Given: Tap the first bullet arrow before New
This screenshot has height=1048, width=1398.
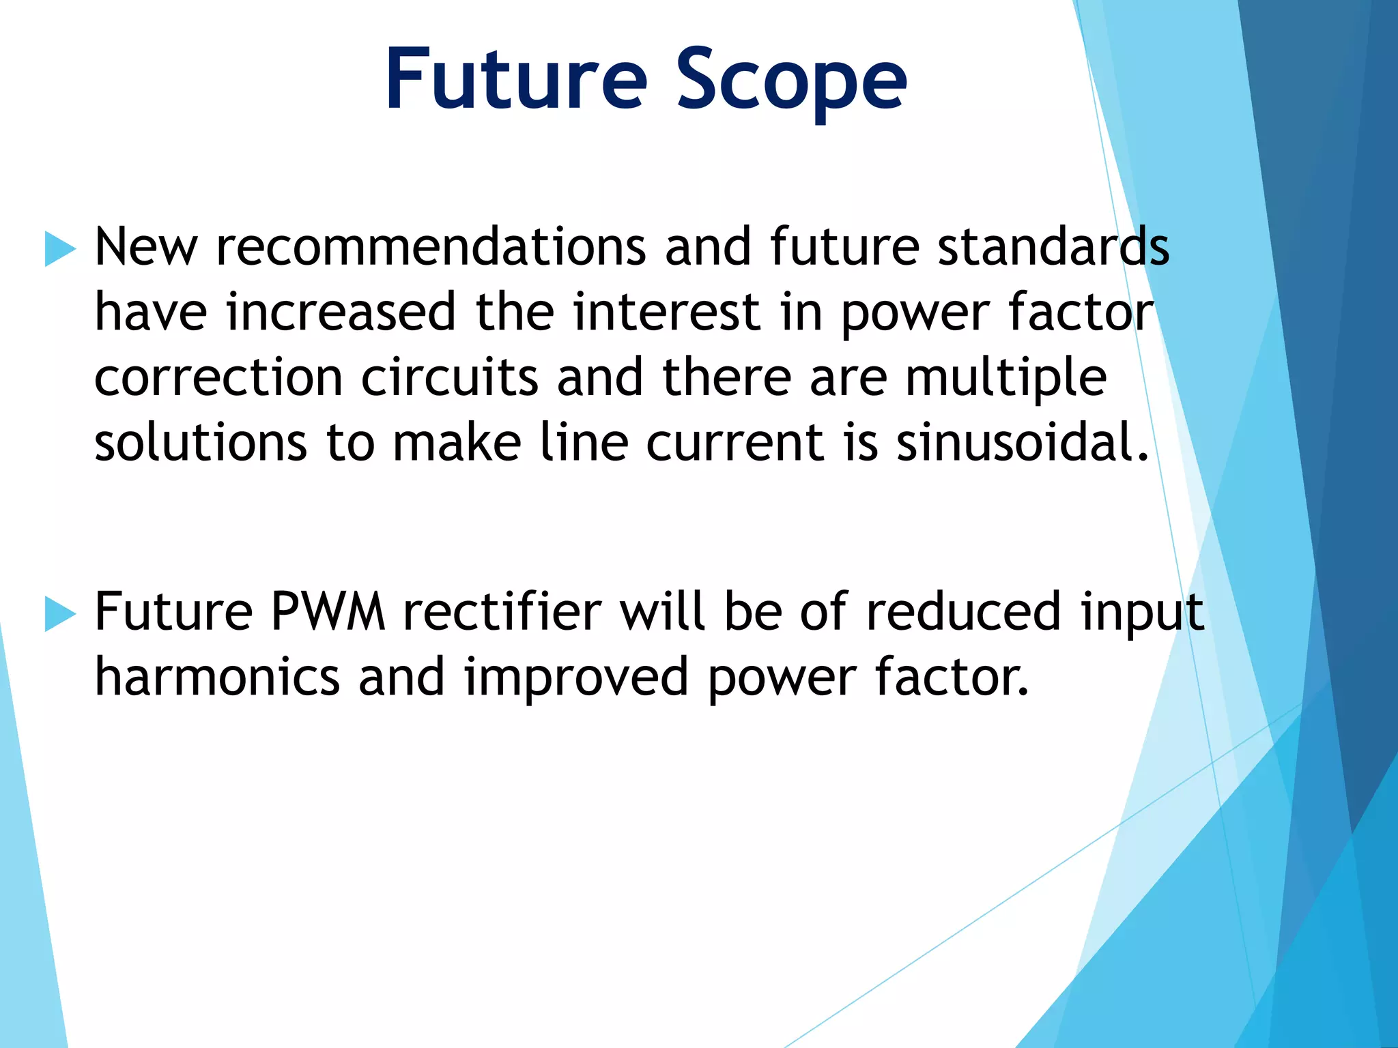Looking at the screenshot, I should click(x=60, y=248).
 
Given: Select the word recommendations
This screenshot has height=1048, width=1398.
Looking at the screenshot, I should click(x=431, y=247).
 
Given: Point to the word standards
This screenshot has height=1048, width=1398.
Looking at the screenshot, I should click(x=1053, y=247).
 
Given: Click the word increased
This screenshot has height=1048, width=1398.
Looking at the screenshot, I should click(x=341, y=312).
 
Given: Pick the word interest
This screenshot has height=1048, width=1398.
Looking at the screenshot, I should click(x=666, y=312).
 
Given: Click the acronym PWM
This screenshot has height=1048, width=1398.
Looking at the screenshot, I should click(x=328, y=612).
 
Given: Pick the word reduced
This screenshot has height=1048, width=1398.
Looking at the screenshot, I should click(x=963, y=612).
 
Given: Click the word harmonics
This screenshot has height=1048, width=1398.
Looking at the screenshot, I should click(x=217, y=678).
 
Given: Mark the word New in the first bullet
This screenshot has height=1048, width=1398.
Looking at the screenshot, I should click(x=146, y=247).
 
